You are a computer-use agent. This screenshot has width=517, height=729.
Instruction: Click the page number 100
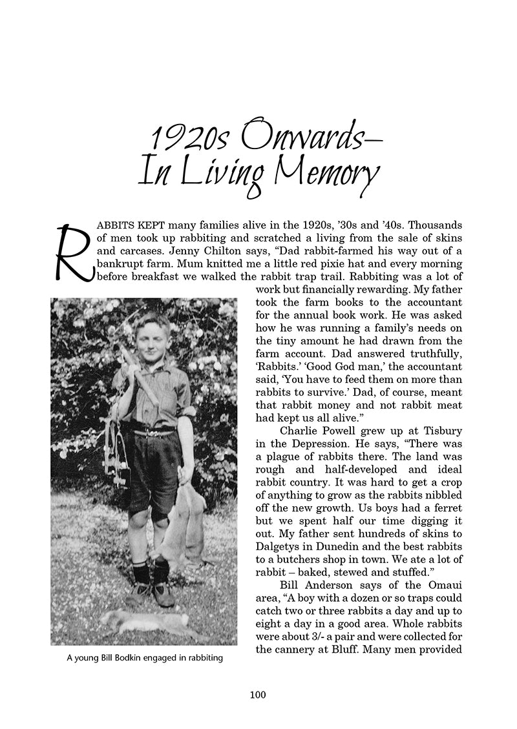coord(257,695)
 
